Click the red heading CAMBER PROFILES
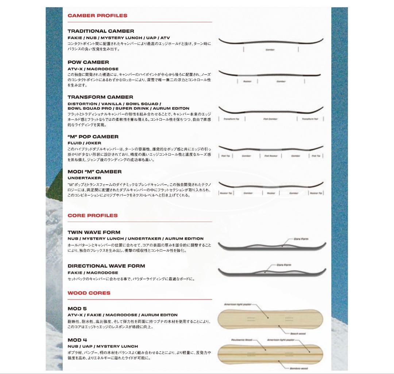point(97,16)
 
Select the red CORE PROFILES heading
point(93,215)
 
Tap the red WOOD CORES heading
point(89,293)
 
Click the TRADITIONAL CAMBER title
point(101,31)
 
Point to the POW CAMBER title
point(88,62)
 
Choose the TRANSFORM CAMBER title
point(100,97)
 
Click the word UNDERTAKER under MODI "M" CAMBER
point(84,178)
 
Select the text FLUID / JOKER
point(84,143)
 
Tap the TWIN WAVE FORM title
point(94,232)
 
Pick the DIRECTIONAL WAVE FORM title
point(106,266)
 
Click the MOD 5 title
point(77,309)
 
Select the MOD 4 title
point(77,340)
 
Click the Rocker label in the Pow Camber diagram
point(247,82)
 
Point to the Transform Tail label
point(310,119)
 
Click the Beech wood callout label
point(298,333)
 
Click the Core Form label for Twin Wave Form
point(301,239)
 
